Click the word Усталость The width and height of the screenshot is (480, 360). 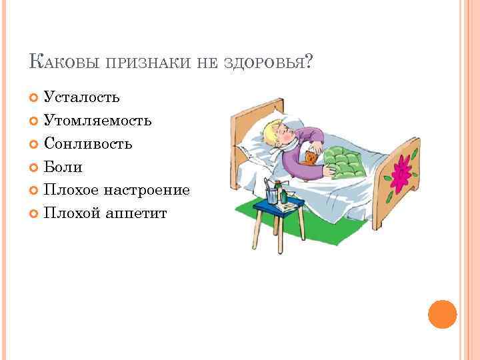82,97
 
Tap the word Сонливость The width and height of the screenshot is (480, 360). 88,144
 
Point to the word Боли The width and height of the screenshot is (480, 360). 63,167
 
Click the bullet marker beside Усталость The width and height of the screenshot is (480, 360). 35,98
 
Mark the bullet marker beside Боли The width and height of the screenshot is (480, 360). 35,167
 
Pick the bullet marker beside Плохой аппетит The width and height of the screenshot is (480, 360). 35,213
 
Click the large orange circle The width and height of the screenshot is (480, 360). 442,313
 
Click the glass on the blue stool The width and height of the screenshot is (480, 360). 273,195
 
